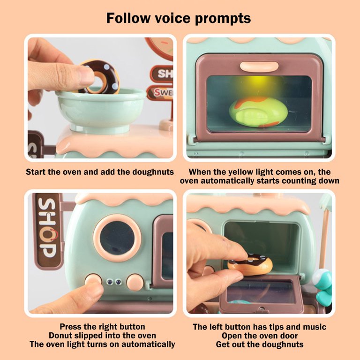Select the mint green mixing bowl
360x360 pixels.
(x=101, y=110)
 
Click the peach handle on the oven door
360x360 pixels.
(x=259, y=67)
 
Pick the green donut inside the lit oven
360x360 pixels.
(x=258, y=112)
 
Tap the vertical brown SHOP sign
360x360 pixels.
(x=47, y=230)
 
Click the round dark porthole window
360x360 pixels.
(x=117, y=238)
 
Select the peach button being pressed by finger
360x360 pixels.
(x=93, y=279)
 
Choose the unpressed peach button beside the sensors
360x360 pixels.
(x=135, y=282)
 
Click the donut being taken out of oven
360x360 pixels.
(x=250, y=264)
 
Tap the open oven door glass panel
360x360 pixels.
(x=261, y=292)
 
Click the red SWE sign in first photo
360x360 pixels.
(x=160, y=93)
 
